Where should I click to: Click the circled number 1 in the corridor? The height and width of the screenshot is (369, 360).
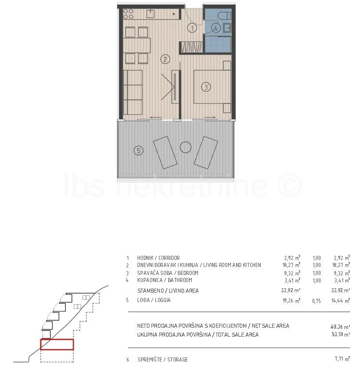pyautogui.click(x=192, y=28)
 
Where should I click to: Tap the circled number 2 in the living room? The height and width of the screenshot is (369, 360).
pyautogui.click(x=165, y=60)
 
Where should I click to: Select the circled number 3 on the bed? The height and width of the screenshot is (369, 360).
pyautogui.click(x=206, y=87)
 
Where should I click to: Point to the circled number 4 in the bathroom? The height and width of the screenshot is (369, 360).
pyautogui.click(x=216, y=28)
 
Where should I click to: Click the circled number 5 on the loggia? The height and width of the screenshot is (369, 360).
pyautogui.click(x=138, y=151)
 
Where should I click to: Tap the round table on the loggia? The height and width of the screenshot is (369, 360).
pyautogui.click(x=186, y=147)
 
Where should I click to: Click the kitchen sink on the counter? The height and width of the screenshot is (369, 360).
pyautogui.click(x=150, y=14)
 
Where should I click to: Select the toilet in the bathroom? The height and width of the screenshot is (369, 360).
pyautogui.click(x=224, y=16)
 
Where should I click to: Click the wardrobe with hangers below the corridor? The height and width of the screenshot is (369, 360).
pyautogui.click(x=191, y=47)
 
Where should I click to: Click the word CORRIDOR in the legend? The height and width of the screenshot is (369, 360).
pyautogui.click(x=169, y=258)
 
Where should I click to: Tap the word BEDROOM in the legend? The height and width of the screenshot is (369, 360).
pyautogui.click(x=188, y=273)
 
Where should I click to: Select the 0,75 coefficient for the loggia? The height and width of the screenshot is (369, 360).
pyautogui.click(x=316, y=301)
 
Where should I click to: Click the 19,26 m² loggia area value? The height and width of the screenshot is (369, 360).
pyautogui.click(x=291, y=300)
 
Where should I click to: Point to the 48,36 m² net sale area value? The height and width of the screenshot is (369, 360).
pyautogui.click(x=340, y=327)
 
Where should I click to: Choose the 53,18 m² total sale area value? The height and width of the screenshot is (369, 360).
pyautogui.click(x=340, y=334)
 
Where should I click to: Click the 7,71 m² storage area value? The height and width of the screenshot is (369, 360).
pyautogui.click(x=342, y=359)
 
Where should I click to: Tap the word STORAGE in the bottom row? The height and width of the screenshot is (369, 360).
pyautogui.click(x=178, y=359)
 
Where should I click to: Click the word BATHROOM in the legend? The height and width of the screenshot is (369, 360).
pyautogui.click(x=180, y=280)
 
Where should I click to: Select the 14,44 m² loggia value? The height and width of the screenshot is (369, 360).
pyautogui.click(x=340, y=301)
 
